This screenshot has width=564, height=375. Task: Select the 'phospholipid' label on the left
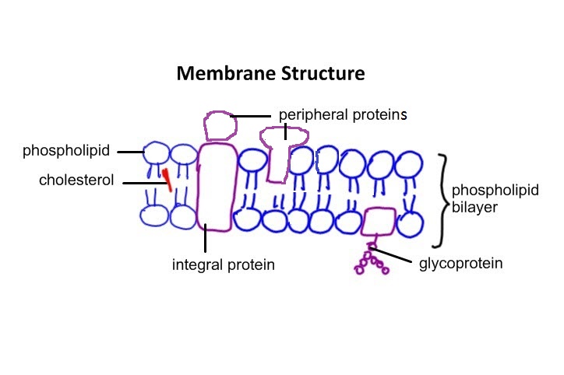[66, 150]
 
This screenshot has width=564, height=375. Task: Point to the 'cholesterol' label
[76, 180]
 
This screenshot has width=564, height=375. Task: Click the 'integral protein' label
[224, 265]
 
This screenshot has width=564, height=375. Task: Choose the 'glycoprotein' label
[460, 263]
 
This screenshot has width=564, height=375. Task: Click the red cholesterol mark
[167, 179]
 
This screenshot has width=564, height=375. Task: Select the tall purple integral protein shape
[217, 187]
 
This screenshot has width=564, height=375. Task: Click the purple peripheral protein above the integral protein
[220, 124]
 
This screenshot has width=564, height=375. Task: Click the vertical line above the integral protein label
[205, 238]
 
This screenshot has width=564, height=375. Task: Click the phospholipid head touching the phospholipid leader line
[157, 152]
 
